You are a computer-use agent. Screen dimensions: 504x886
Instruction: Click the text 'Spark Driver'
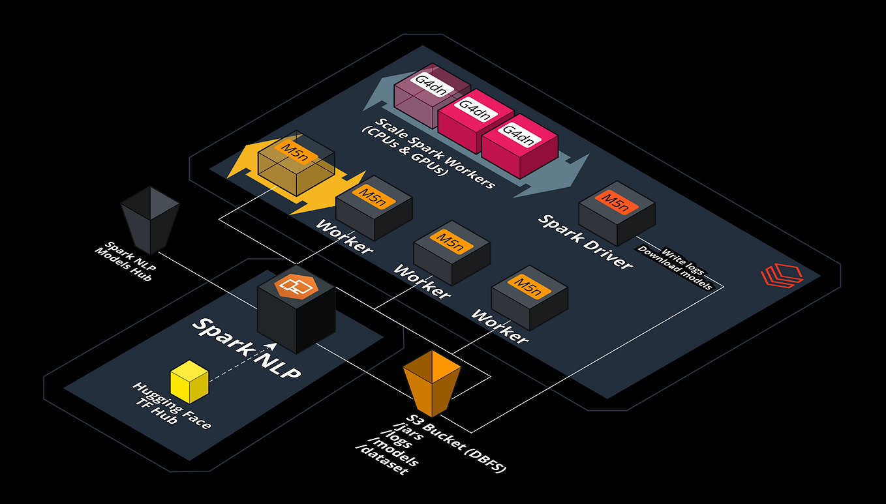click(585, 241)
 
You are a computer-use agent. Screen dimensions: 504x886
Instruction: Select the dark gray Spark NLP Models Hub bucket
click(150, 219)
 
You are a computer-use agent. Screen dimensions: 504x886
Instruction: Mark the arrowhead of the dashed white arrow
click(272, 346)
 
